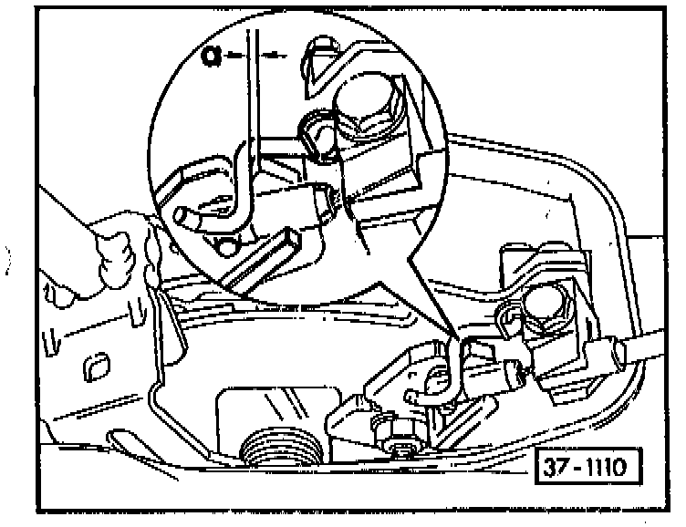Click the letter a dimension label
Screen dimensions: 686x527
[212, 55]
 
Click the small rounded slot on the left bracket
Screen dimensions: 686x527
[95, 367]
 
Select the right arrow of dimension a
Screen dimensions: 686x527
[274, 56]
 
